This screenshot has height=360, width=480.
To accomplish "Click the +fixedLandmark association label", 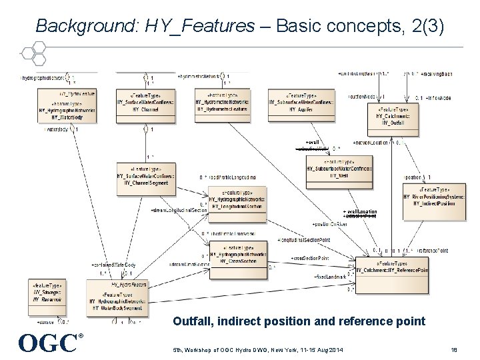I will point(330,276).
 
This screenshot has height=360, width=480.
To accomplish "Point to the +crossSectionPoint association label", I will point(309,258).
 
